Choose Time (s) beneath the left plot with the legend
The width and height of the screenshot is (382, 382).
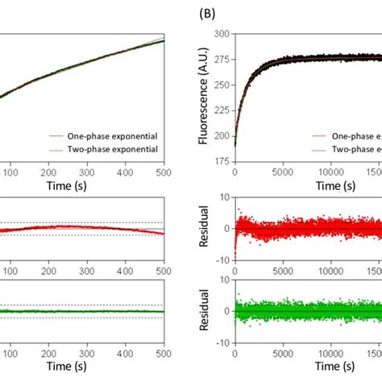(86, 185)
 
